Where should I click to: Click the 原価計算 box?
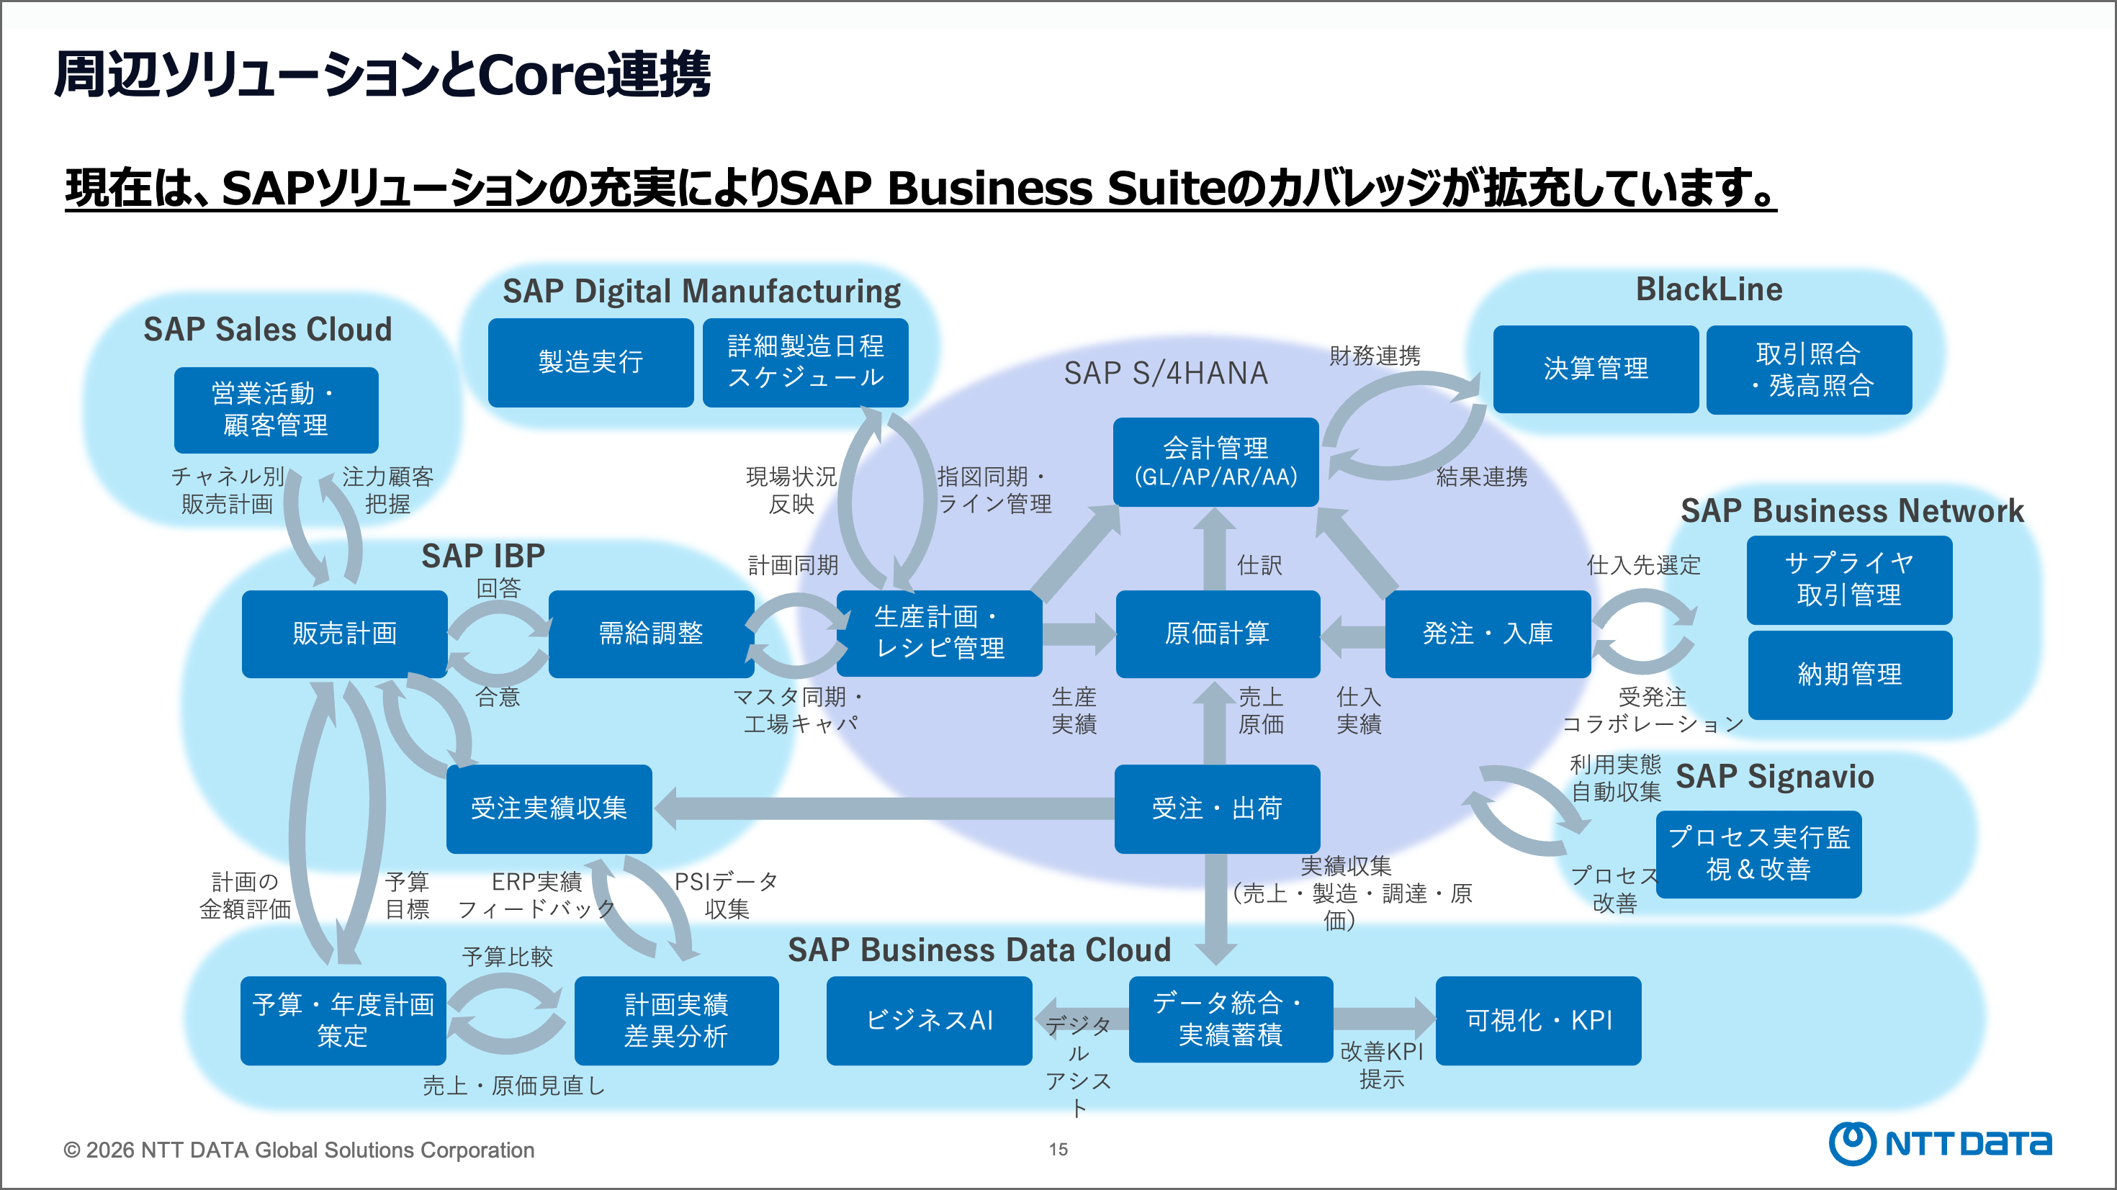click(x=1217, y=634)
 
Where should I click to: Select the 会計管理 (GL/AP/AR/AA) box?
click(x=1215, y=462)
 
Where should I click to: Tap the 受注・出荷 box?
click(x=1217, y=808)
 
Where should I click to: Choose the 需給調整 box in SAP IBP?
click(x=651, y=634)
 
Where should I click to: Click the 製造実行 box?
click(x=590, y=362)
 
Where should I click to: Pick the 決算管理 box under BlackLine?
click(x=1595, y=369)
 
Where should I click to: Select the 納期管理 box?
click(x=1849, y=675)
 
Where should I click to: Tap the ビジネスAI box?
click(x=929, y=1021)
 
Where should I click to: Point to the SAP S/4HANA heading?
click(x=1165, y=373)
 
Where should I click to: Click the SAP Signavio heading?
click(x=1774, y=777)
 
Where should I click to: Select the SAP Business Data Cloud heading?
click(x=979, y=950)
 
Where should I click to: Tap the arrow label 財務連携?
click(x=1375, y=356)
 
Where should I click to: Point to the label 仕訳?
click(x=1259, y=565)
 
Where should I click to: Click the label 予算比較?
click(x=507, y=957)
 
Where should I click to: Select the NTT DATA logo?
click(x=1939, y=1143)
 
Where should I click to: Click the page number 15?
click(x=1058, y=1150)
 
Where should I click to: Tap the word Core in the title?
click(x=539, y=75)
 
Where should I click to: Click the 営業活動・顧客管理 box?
click(x=276, y=410)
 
